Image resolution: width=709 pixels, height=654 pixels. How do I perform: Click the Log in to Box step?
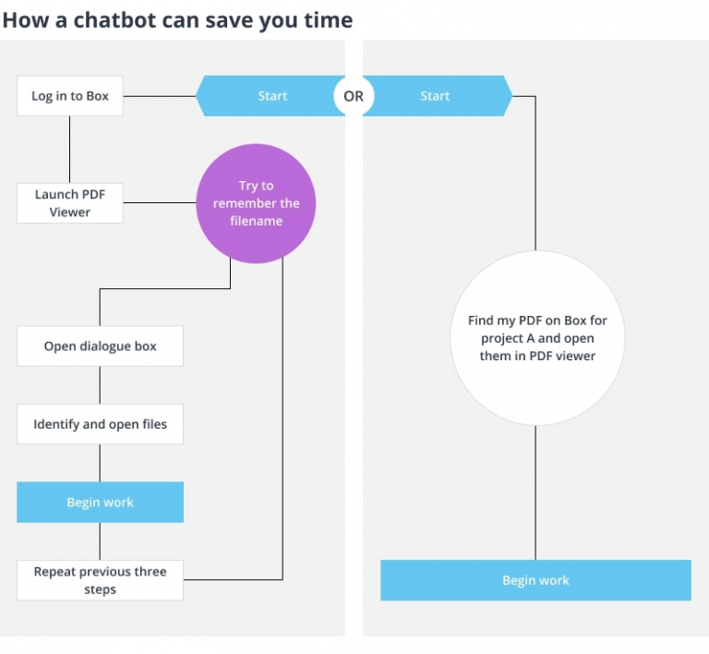click(69, 96)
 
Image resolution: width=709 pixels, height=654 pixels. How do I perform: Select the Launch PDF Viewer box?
click(69, 203)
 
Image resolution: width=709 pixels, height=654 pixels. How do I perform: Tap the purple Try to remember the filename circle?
click(256, 203)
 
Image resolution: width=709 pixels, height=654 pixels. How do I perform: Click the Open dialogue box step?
click(100, 346)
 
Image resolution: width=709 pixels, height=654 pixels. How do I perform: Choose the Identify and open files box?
click(100, 424)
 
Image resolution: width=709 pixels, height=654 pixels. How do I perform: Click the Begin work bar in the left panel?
click(100, 503)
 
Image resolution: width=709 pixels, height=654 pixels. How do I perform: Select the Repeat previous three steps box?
click(100, 580)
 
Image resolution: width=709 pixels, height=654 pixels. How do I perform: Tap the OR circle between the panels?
click(354, 96)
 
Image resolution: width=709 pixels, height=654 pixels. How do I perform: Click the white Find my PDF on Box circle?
click(536, 338)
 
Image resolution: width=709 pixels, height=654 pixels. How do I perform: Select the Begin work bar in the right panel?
click(535, 580)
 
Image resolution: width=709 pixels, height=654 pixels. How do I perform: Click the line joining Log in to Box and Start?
click(159, 96)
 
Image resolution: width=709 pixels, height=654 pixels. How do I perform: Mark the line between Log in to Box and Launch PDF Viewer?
click(70, 149)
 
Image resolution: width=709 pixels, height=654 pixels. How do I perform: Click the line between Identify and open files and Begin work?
click(100, 463)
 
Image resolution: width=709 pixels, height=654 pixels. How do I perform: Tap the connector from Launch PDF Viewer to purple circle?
click(159, 203)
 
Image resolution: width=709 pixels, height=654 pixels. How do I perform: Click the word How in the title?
click(21, 19)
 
